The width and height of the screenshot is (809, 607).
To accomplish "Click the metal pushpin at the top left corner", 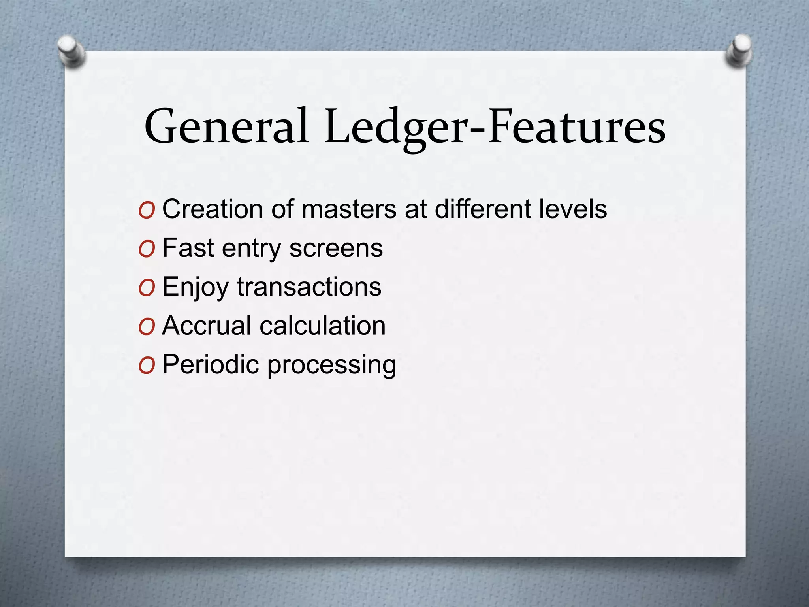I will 71,51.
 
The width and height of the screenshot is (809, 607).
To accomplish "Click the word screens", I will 336,248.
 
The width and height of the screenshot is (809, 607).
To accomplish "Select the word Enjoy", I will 195,287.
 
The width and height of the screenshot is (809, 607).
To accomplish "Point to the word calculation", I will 322,326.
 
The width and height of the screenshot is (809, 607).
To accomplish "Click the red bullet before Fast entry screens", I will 147,249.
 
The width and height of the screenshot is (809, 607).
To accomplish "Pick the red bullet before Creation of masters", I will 147,211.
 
